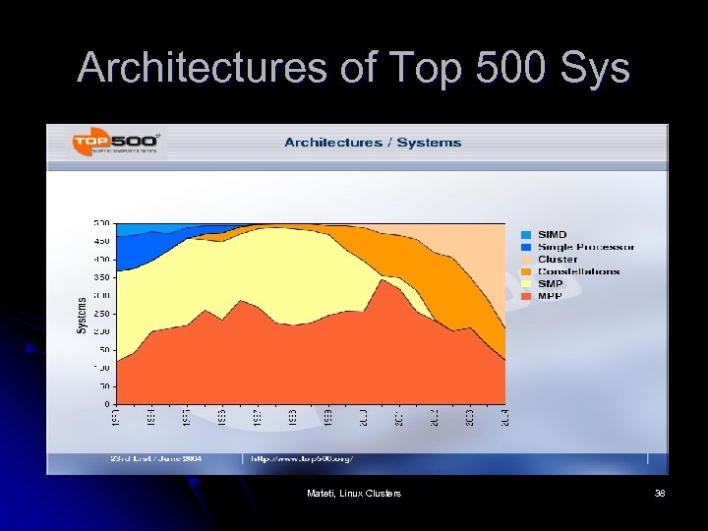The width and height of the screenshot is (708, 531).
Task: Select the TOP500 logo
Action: (117, 144)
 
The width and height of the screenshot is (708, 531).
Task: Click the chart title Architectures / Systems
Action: (373, 143)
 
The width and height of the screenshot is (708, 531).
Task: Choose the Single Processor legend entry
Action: (584, 247)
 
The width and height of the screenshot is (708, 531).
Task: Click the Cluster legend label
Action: (558, 260)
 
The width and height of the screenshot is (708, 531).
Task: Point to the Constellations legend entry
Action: (577, 271)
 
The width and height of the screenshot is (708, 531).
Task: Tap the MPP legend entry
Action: (549, 296)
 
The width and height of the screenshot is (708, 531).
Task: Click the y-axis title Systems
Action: (82, 314)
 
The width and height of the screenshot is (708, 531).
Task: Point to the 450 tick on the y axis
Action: (101, 240)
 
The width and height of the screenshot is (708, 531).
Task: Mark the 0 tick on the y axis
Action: (106, 404)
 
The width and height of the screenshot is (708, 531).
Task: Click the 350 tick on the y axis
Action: (101, 277)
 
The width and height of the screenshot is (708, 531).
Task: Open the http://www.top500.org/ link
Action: (302, 458)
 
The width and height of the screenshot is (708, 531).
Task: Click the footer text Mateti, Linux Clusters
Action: (354, 493)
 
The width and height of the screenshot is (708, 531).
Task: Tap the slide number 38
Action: (659, 493)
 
